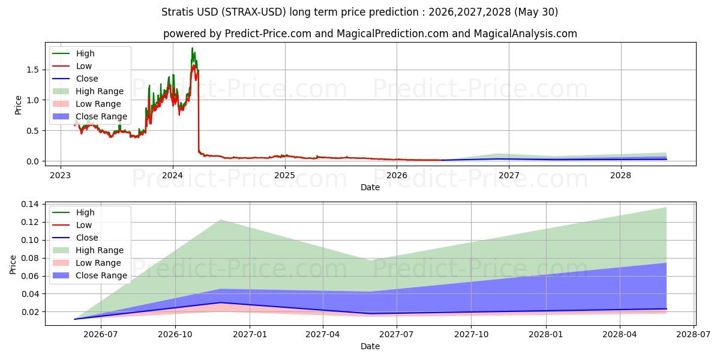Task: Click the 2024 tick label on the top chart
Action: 172,175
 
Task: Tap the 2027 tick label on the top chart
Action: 509,175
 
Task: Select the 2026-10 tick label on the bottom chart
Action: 175,335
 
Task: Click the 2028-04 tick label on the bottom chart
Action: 620,335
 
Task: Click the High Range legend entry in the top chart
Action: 88,91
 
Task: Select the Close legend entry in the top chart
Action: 75,79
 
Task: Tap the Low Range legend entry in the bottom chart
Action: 87,263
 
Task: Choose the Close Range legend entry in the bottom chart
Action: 90,275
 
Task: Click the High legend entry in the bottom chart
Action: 74,212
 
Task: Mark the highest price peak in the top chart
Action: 192,48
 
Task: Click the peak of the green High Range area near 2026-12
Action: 221,220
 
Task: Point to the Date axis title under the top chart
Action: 370,187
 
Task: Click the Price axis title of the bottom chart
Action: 13,265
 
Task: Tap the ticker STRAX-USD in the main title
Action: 254,12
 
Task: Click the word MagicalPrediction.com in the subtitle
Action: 392,34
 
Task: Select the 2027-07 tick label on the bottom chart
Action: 397,335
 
